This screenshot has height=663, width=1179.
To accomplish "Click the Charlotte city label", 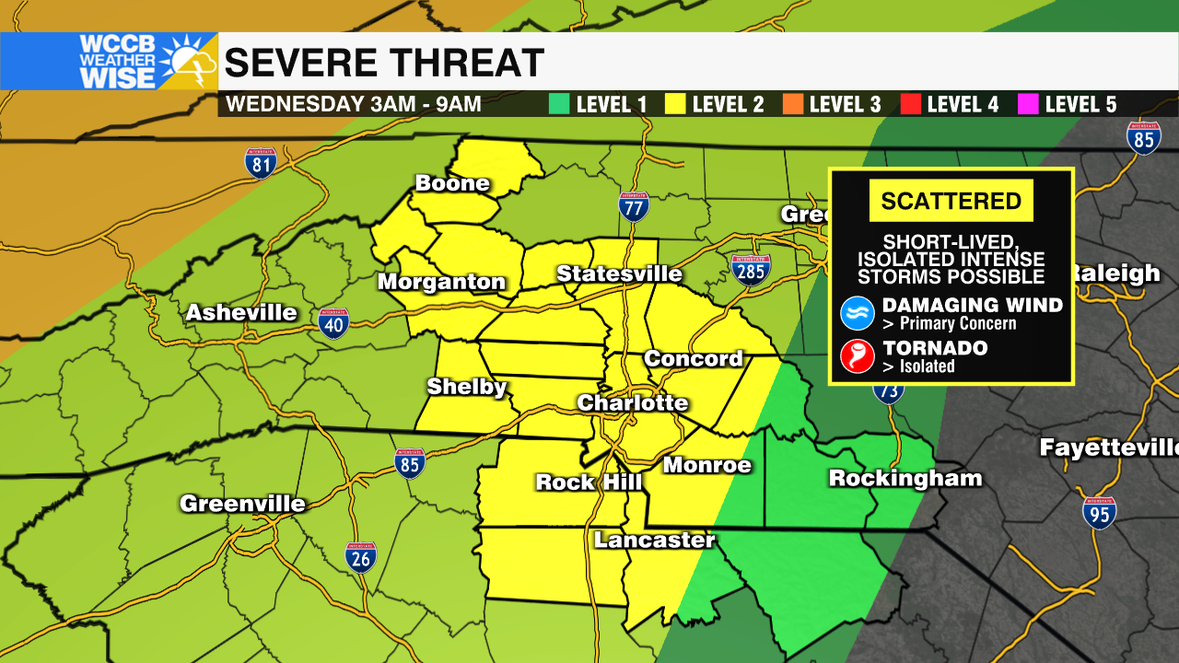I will (632, 403).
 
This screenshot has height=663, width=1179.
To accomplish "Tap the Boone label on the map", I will (451, 183).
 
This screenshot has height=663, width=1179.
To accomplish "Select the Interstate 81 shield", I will (261, 163).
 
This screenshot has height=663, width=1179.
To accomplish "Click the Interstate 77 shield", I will (634, 207).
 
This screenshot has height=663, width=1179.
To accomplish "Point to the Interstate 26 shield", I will (360, 557).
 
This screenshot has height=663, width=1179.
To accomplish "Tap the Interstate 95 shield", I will (1100, 512).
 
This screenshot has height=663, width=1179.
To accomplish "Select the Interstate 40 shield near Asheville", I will (334, 323).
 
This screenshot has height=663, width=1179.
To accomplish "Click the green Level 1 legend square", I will (558, 104).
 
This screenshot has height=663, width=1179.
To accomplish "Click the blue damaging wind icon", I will (857, 313).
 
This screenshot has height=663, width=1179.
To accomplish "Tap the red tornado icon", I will (857, 356).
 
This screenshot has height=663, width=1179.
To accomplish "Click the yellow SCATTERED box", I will (951, 201).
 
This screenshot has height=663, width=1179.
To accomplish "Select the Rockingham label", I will (905, 478).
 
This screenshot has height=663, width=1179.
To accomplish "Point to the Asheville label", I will (241, 313).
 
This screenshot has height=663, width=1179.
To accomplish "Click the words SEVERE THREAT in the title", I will (384, 63).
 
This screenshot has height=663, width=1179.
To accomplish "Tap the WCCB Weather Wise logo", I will (109, 62).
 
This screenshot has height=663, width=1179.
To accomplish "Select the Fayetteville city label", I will (1108, 448).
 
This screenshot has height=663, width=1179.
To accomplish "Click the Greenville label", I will (242, 504).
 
